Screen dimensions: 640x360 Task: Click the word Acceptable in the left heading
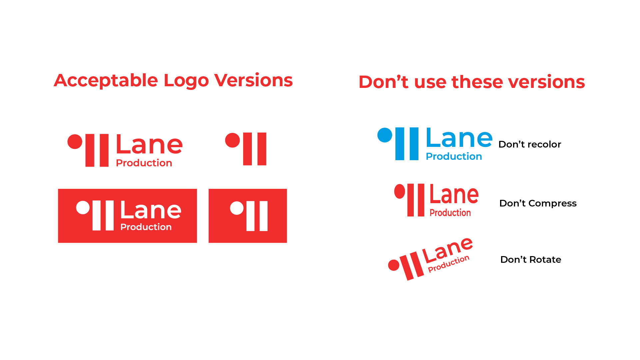106,81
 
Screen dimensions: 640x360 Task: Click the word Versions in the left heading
254,80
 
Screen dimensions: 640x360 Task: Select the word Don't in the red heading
383,82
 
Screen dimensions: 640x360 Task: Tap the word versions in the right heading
546,82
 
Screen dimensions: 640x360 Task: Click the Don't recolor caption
530,144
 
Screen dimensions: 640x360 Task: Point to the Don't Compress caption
538,203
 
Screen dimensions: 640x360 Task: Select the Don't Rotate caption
531,259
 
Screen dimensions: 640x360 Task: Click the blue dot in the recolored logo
385,135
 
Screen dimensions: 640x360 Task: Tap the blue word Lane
459,138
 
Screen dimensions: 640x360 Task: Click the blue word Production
454,156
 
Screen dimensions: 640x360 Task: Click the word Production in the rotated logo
448,264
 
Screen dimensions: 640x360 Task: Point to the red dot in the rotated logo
394,265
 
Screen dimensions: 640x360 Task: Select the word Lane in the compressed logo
454,194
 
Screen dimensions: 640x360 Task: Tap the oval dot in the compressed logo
399,191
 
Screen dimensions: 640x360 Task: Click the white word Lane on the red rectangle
151,210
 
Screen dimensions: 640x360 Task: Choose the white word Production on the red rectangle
146,227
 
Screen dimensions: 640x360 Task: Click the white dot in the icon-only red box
237,208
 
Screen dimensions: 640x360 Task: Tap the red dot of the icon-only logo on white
233,140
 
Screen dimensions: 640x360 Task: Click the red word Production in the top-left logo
144,163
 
